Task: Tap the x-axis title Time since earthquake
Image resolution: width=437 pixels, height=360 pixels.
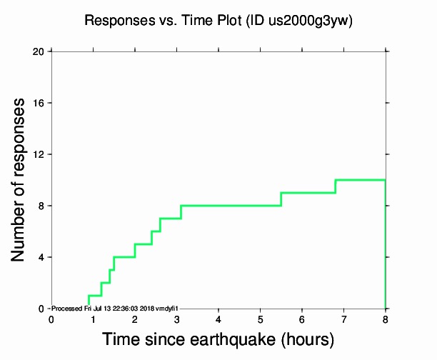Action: pos(218,339)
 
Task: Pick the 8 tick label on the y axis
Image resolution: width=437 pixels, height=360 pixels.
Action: pos(41,206)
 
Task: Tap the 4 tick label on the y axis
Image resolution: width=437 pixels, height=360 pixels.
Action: pos(41,257)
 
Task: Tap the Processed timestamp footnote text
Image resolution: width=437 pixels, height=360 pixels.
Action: pos(119,308)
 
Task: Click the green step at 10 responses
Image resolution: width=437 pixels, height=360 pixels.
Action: pos(361,180)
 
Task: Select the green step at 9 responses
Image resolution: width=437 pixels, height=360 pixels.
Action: pos(308,193)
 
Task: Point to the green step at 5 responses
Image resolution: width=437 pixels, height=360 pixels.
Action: pos(143,244)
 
